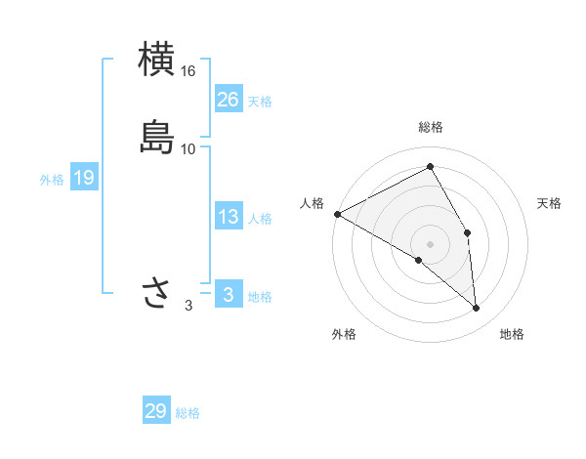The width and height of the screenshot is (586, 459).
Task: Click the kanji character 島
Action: (157, 137)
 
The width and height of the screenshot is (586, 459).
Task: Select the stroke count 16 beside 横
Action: (188, 72)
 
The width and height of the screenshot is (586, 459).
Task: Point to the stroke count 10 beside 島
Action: (188, 149)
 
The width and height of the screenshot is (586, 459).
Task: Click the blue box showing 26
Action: (228, 100)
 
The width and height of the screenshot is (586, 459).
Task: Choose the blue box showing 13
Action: (228, 217)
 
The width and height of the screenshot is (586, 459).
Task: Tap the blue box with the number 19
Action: (83, 178)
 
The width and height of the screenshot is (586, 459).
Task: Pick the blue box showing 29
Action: (155, 411)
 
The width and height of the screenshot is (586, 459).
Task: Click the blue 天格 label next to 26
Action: (260, 102)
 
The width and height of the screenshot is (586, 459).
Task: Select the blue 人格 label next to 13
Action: (260, 219)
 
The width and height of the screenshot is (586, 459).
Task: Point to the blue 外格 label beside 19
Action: (52, 180)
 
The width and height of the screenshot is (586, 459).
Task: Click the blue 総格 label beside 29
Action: (188, 413)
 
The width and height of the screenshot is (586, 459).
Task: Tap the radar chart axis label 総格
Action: (431, 127)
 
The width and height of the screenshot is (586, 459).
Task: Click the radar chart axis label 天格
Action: (550, 203)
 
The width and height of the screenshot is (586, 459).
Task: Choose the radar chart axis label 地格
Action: (512, 334)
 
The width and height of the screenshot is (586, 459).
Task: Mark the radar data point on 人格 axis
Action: (337, 213)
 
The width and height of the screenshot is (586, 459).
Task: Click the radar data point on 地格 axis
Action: (476, 308)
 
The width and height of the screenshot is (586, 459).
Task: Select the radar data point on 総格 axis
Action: (431, 167)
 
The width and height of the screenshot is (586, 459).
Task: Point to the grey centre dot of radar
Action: (431, 243)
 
